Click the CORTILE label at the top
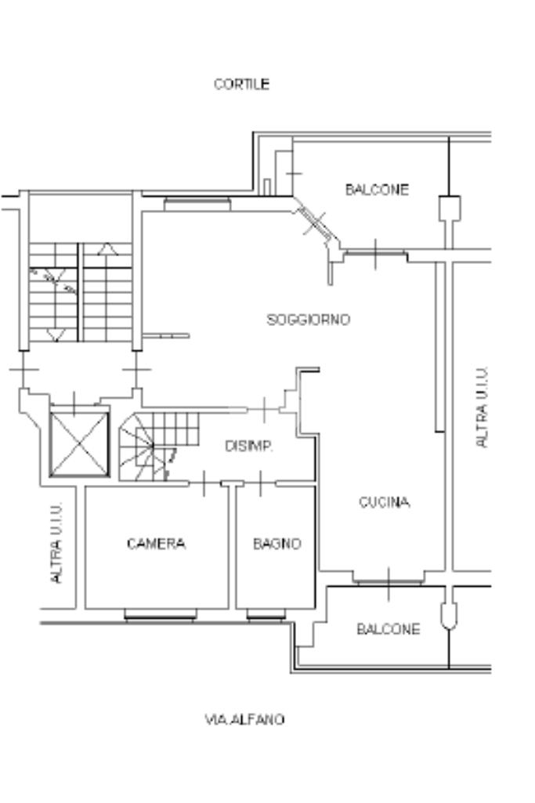click(241, 84)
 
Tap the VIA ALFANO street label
click(244, 719)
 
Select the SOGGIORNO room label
click(309, 320)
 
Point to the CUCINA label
click(384, 502)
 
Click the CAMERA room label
click(156, 544)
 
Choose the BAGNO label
click(277, 544)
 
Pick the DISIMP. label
click(249, 446)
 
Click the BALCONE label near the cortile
click(377, 190)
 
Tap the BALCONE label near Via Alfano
click(388, 629)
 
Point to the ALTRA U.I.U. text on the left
click(57, 542)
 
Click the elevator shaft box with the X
click(79, 444)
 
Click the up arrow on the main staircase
click(107, 249)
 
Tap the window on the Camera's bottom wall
click(161, 615)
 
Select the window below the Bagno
click(266, 615)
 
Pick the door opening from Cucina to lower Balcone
click(389, 581)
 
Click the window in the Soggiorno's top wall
click(197, 204)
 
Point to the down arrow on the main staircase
click(56, 335)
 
